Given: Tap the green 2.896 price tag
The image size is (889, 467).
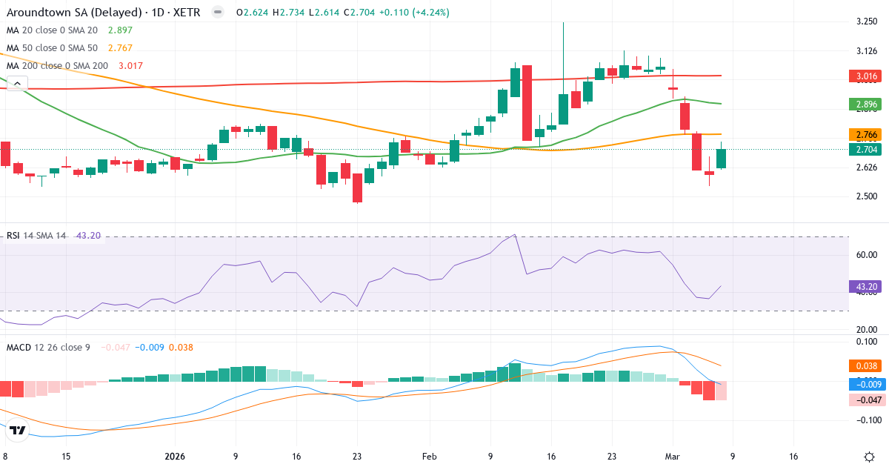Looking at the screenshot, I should pos(865,105).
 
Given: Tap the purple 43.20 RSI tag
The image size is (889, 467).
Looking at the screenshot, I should pos(865,286).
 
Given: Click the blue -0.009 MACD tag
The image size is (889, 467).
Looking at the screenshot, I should pos(865,384).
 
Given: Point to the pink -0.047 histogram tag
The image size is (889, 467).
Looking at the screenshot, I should pos(865,400).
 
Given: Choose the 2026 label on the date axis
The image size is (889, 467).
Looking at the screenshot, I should pos(174,456).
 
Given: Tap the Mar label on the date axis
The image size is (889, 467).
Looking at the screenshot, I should pos(673,456).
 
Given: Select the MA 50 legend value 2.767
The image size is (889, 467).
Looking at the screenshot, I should pos(121,48).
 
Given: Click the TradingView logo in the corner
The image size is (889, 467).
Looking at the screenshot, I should pos(19,430).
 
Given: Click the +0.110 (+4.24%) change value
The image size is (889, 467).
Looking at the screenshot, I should pos(410,13).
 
